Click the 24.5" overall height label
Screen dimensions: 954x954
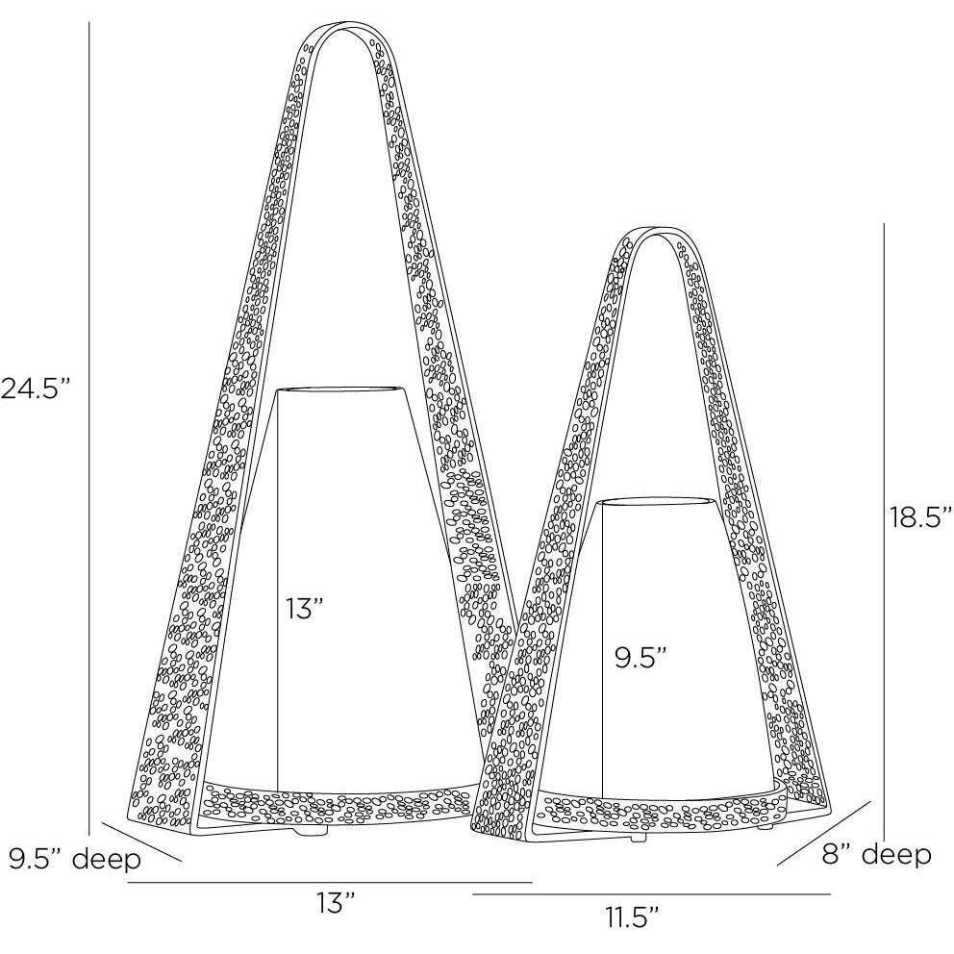36,389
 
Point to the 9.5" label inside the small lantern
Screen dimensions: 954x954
640,658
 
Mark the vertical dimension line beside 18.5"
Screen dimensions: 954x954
884,529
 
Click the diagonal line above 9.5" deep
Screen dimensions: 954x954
140,841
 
